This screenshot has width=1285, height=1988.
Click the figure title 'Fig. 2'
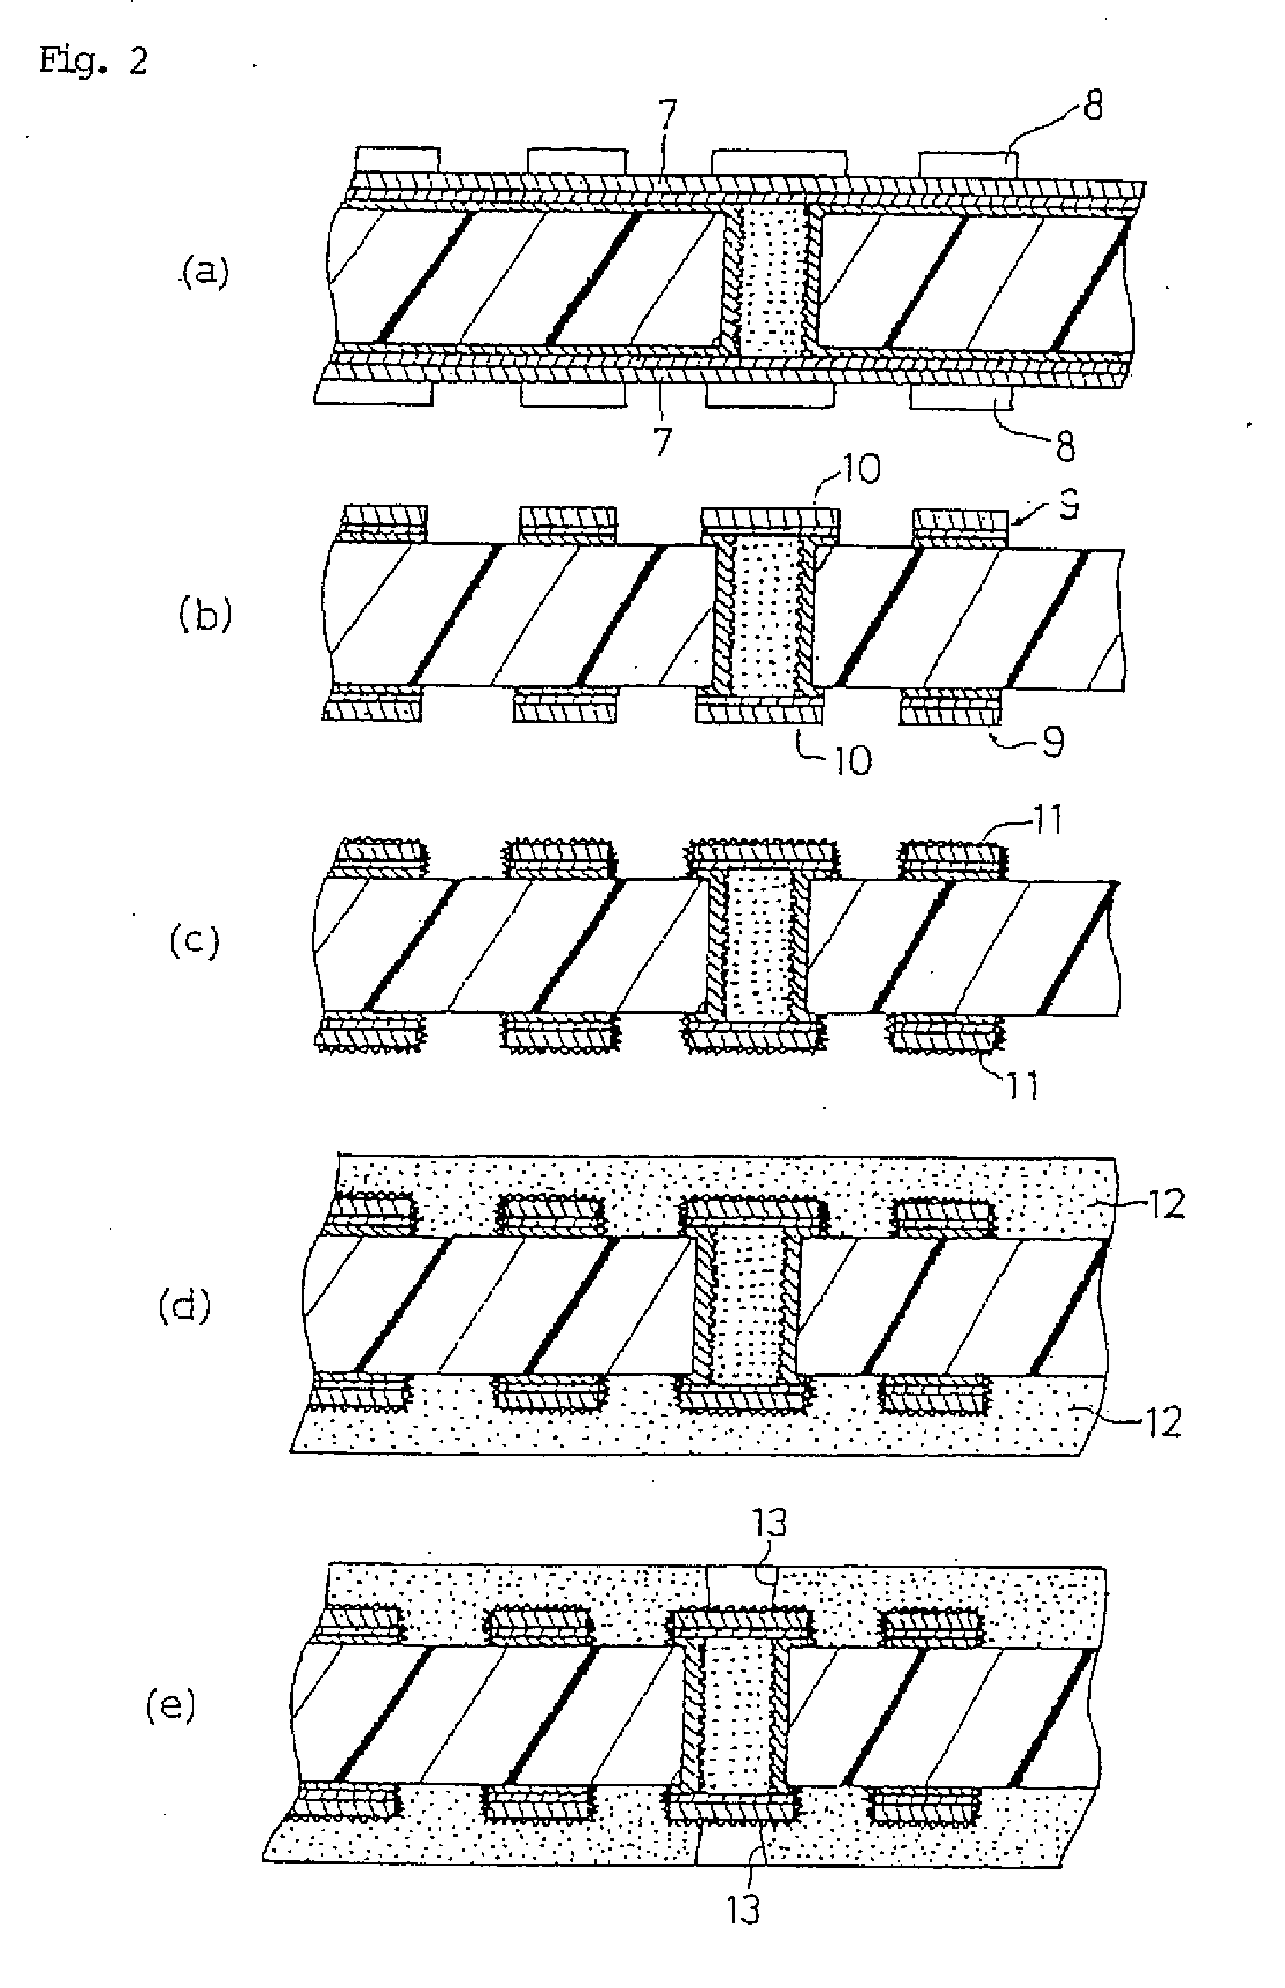[x=93, y=62]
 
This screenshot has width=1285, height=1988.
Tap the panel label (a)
[x=205, y=272]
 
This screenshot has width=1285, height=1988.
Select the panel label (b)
[x=205, y=615]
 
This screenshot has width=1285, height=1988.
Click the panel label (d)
[x=184, y=1306]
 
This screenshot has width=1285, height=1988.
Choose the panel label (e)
[x=171, y=1706]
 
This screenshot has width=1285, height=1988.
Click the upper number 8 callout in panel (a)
[x=1092, y=107]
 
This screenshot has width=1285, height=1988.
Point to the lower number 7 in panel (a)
[x=662, y=442]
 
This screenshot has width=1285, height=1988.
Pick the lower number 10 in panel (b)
[x=852, y=760]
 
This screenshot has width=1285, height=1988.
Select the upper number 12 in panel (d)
[x=1165, y=1204]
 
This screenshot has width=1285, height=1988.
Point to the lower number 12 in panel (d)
[x=1163, y=1422]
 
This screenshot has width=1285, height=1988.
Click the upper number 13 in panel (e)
[x=769, y=1524]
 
